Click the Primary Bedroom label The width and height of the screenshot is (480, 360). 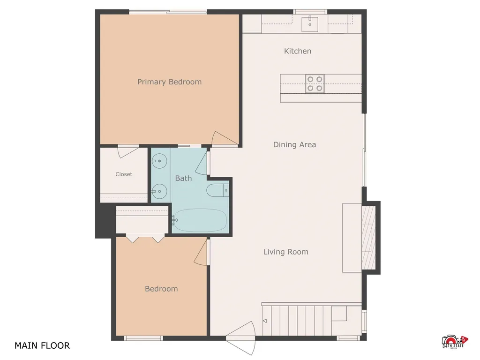click(169, 82)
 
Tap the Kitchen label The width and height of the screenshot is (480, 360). click(298, 51)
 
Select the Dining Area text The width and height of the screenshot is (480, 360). click(294, 145)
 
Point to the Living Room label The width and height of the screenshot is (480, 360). click(285, 252)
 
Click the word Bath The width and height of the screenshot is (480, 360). click(183, 178)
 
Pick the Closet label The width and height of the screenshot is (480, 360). click(124, 174)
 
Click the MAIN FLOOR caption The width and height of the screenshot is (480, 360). click(42, 345)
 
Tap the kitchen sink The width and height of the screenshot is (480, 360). click(310, 23)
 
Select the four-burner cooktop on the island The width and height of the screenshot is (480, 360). click(315, 83)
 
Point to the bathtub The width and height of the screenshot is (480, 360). click(200, 220)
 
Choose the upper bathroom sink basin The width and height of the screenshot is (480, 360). click(159, 161)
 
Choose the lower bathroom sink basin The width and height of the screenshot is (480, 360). click(159, 192)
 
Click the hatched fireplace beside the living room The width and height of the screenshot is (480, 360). click(368, 238)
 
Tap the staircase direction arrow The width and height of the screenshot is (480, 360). click(265, 321)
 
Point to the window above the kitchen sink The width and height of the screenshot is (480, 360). click(310, 12)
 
